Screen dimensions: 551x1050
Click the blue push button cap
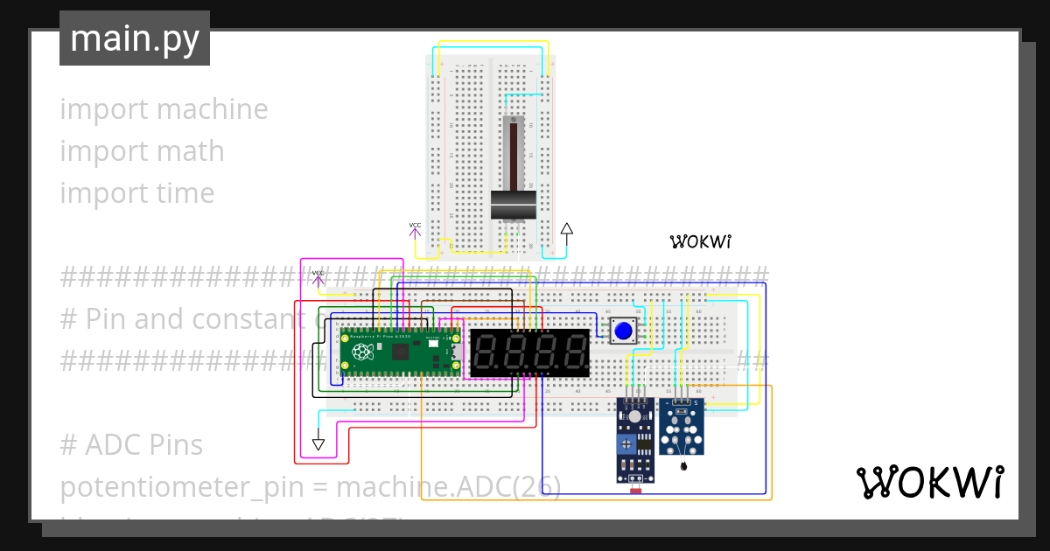[622, 331]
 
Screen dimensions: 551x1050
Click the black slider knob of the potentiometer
[513, 206]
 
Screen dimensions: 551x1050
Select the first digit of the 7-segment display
[487, 353]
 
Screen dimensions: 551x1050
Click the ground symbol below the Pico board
[318, 443]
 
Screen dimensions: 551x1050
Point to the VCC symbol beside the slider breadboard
[415, 229]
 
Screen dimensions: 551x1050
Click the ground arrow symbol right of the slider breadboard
[566, 233]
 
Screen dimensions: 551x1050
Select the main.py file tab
[135, 38]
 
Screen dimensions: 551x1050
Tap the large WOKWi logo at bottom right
[929, 482]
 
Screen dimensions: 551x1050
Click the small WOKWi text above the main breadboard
[700, 241]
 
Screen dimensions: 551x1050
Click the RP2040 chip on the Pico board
[401, 352]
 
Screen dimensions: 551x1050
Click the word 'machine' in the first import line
[213, 109]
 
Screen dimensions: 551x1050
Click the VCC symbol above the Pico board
[318, 277]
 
